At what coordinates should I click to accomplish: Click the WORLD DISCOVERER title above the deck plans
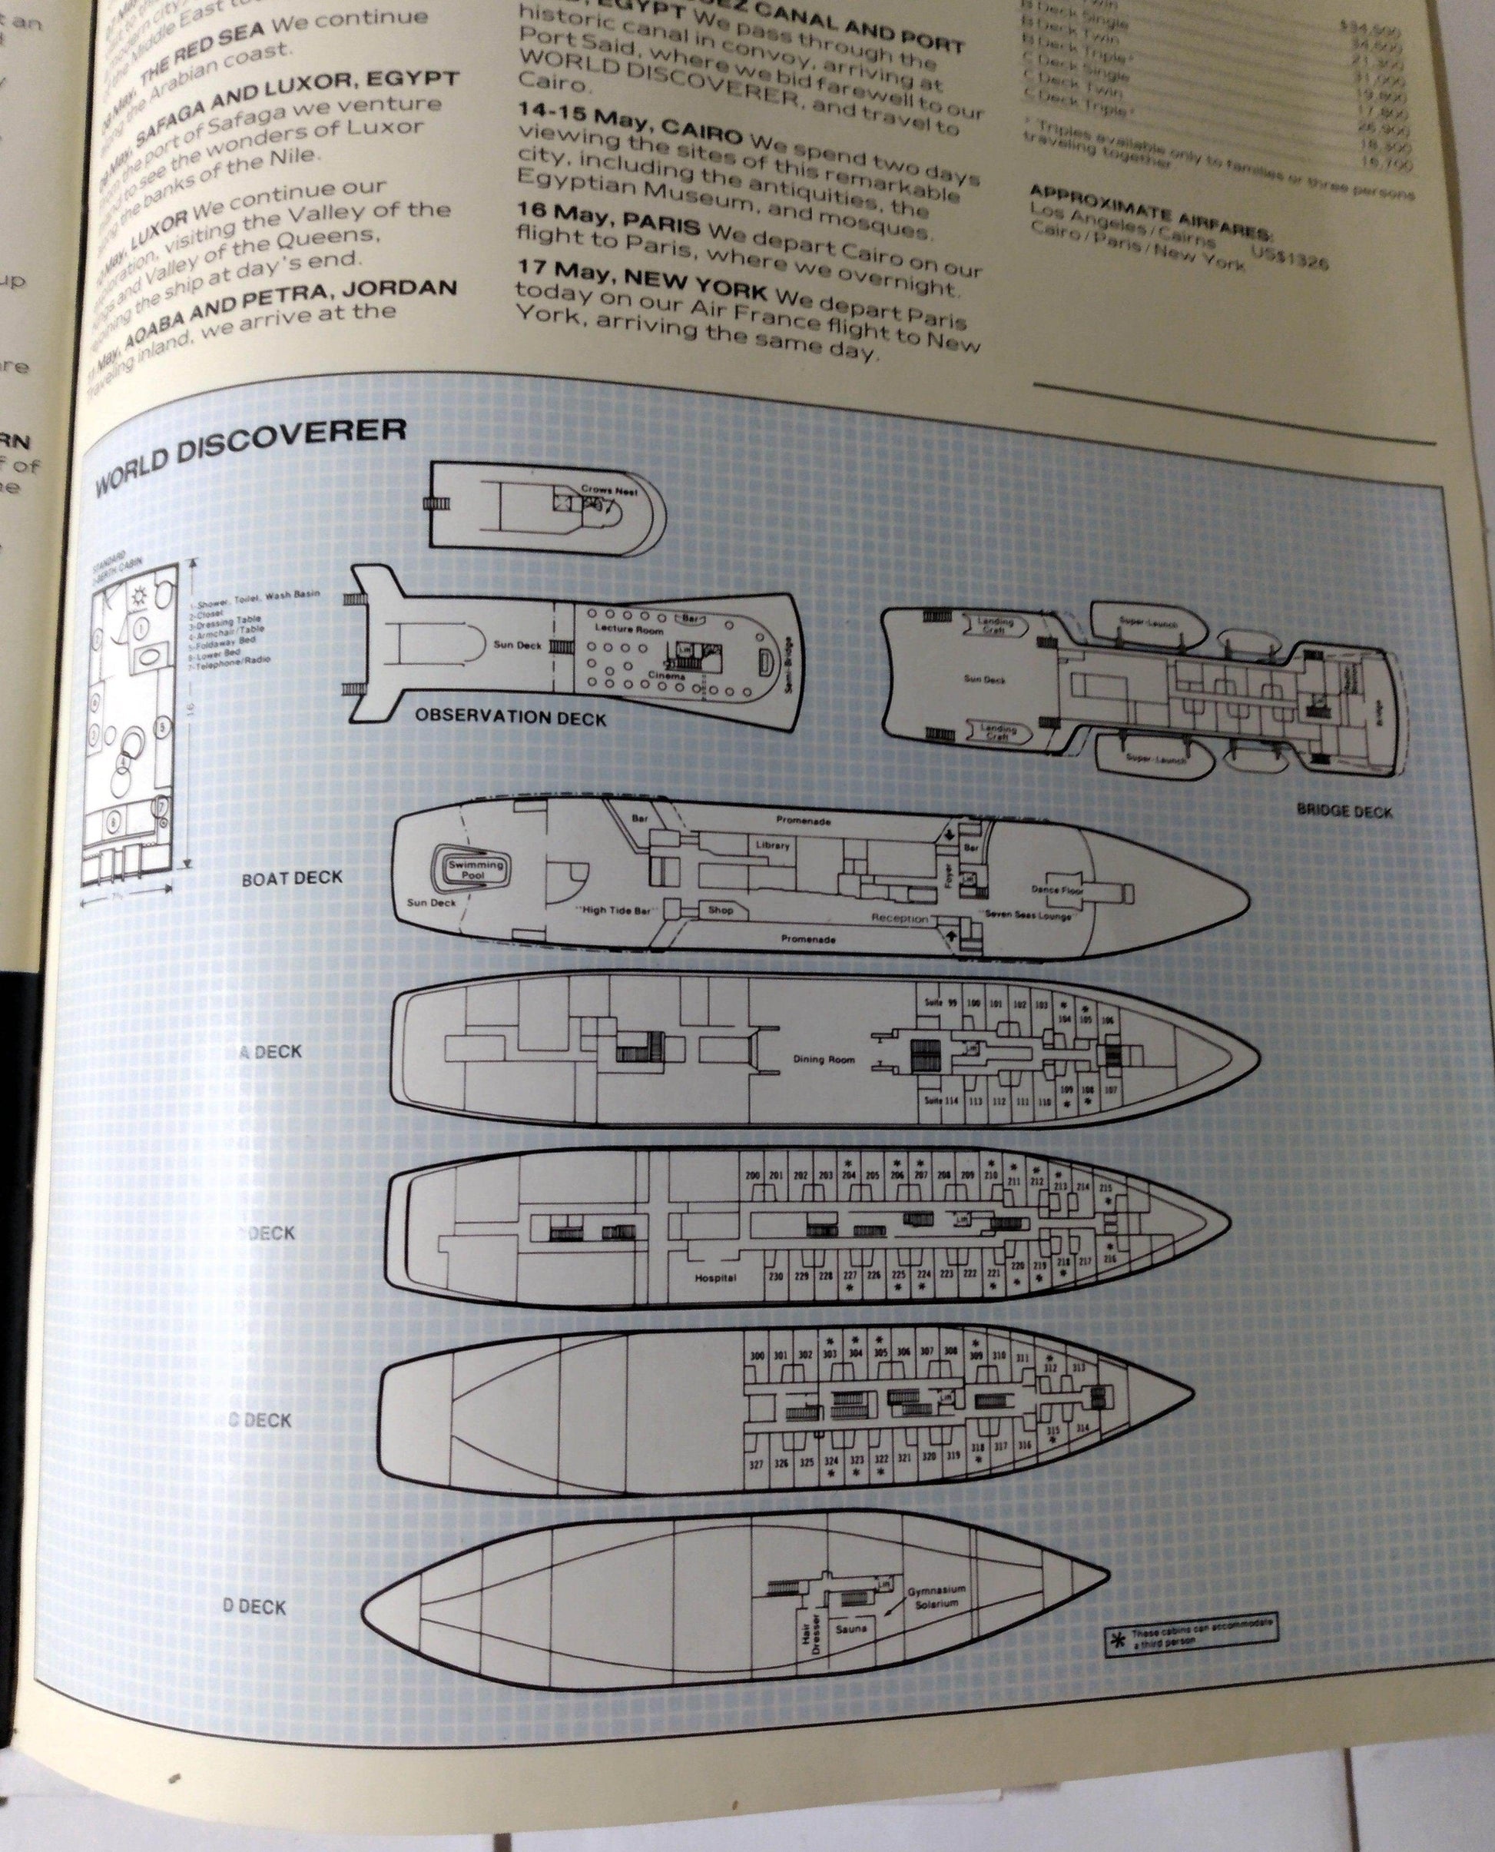click(249, 457)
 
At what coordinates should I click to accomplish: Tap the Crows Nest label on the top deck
click(608, 490)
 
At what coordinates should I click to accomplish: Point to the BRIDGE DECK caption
click(1344, 811)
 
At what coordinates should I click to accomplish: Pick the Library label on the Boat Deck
click(773, 845)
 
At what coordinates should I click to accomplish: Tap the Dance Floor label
click(1058, 888)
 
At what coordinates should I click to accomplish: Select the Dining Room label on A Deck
click(824, 1060)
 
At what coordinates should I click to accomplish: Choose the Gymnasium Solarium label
click(937, 1596)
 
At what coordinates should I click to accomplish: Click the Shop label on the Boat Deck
click(720, 910)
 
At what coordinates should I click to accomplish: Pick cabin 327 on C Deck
click(756, 1463)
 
